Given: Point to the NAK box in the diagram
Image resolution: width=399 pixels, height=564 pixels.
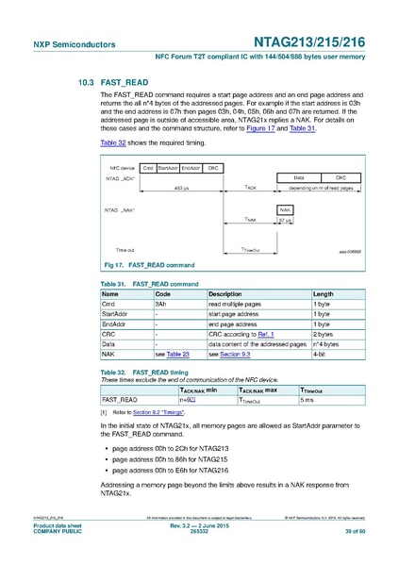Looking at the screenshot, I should click(284, 208).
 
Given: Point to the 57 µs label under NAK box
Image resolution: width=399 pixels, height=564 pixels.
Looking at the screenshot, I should click(284, 221).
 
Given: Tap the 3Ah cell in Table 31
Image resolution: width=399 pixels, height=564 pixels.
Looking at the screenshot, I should click(161, 305).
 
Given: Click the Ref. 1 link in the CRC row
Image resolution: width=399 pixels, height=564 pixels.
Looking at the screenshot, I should click(269, 334).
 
